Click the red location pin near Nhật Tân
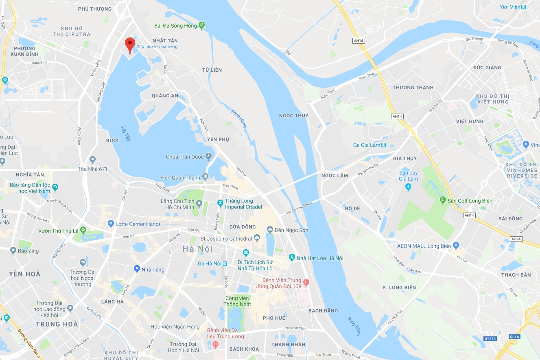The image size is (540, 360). (x=130, y=44)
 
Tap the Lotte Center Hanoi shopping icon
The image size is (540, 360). (x=111, y=224)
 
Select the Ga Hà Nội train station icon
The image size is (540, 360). (x=225, y=263)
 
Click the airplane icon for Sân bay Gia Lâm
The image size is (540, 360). (x=409, y=187)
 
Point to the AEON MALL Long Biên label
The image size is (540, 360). (x=424, y=246)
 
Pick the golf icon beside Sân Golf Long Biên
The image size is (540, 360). (x=442, y=200)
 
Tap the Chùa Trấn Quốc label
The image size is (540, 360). (x=185, y=157)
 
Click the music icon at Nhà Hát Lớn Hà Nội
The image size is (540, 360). (x=291, y=258)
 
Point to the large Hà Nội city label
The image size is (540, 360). (x=197, y=249)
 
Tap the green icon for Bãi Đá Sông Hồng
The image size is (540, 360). (x=201, y=26)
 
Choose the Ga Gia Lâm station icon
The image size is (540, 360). (x=383, y=145)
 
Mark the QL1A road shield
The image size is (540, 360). (x=515, y=337)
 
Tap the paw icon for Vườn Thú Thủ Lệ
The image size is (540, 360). (x=83, y=230)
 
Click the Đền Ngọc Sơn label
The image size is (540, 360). (x=291, y=230)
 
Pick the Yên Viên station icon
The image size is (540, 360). (x=523, y=7)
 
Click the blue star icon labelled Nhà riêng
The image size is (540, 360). (x=137, y=269)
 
